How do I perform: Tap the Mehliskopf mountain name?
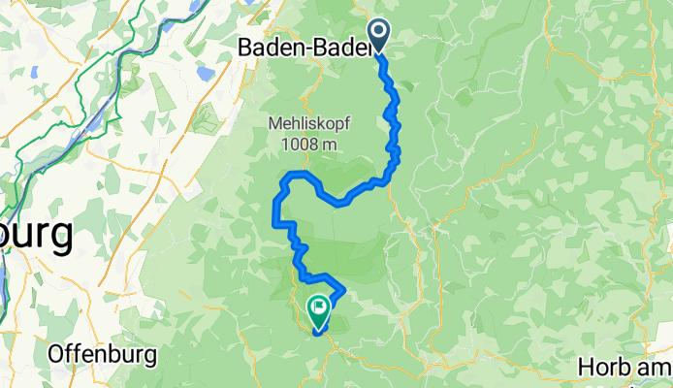tap(309, 124)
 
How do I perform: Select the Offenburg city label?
tap(103, 354)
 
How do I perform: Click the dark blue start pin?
tap(377, 37)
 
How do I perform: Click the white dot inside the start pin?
tap(377, 32)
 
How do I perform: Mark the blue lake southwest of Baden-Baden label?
tap(206, 73)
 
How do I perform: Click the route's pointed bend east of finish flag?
tap(344, 290)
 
